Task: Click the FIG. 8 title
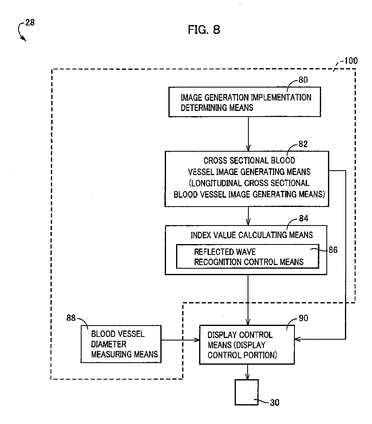click(x=204, y=29)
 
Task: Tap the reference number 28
click(x=30, y=22)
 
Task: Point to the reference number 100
click(x=351, y=60)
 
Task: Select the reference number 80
click(x=303, y=79)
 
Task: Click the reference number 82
click(x=303, y=144)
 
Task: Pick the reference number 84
click(x=303, y=218)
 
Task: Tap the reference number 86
click(x=333, y=250)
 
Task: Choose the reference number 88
click(x=71, y=318)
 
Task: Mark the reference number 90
click(x=303, y=318)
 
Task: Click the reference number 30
click(x=275, y=403)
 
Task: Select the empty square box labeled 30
click(x=246, y=393)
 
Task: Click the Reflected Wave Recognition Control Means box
click(x=248, y=256)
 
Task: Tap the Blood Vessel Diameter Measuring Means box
click(x=121, y=344)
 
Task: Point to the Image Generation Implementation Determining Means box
click(x=244, y=102)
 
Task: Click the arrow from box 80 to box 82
click(x=248, y=134)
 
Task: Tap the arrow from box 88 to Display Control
click(x=180, y=340)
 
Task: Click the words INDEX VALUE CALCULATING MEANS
click(x=252, y=235)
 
